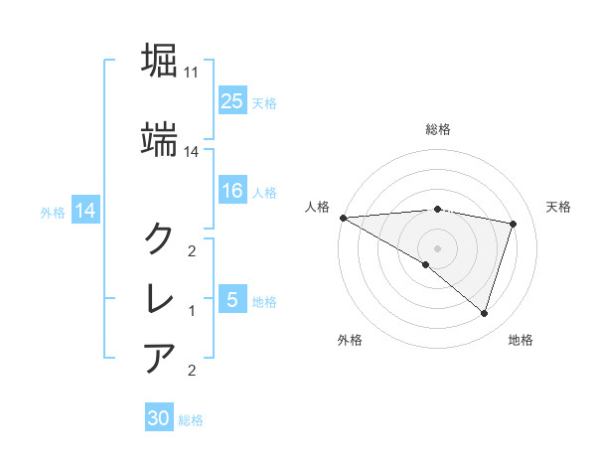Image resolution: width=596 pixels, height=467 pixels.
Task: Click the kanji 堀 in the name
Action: click(x=160, y=62)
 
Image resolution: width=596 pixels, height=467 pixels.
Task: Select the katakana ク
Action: click(x=160, y=237)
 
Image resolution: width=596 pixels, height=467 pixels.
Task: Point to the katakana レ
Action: click(x=160, y=298)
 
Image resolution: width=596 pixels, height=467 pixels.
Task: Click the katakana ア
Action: click(x=160, y=358)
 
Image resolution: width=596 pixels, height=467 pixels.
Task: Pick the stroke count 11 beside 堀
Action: click(x=192, y=74)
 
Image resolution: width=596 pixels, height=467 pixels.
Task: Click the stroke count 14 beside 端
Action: click(x=192, y=151)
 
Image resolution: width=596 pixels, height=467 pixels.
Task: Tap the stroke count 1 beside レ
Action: click(x=192, y=311)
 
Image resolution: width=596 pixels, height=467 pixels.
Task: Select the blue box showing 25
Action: click(x=231, y=100)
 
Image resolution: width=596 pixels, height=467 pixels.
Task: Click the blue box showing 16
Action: click(x=231, y=191)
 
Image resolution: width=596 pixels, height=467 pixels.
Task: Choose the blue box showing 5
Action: click(x=231, y=300)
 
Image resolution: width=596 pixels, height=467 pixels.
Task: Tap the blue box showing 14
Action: click(x=85, y=211)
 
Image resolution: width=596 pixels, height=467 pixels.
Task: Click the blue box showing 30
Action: click(x=159, y=418)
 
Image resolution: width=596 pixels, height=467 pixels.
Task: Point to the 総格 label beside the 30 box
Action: click(x=191, y=420)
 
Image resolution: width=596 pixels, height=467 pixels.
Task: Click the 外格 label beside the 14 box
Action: click(x=53, y=212)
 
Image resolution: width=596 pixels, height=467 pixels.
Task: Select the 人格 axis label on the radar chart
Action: click(x=318, y=207)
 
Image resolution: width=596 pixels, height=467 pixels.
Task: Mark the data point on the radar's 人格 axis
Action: click(x=343, y=218)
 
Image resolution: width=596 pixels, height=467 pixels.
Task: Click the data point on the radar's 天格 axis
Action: click(x=513, y=224)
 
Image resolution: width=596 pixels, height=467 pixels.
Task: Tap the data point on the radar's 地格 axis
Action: click(x=484, y=313)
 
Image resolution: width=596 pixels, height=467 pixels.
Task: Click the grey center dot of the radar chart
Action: click(x=437, y=248)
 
